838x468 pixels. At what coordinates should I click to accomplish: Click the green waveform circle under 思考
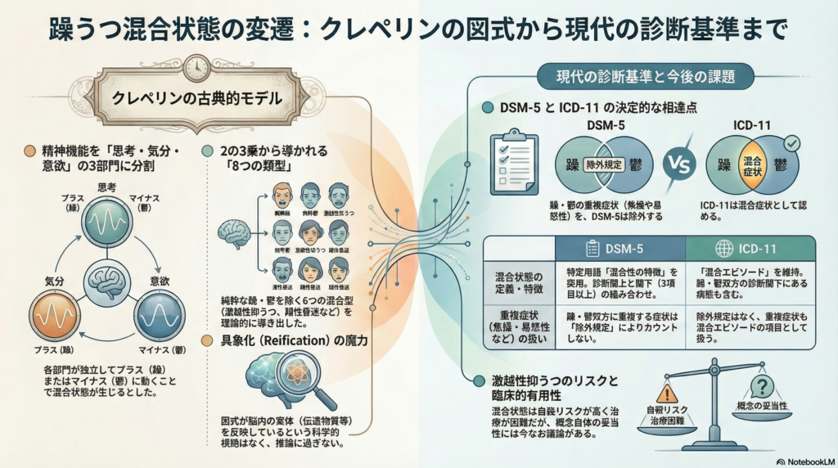(109, 219)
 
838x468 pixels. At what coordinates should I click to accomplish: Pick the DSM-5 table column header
(619, 248)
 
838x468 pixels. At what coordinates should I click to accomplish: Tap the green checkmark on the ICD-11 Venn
(792, 144)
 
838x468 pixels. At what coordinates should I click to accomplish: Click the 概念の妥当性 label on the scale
(761, 406)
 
